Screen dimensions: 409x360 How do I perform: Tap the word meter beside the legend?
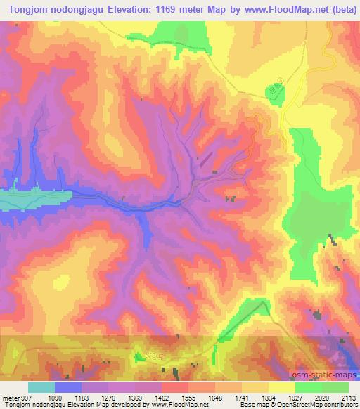point(8,396)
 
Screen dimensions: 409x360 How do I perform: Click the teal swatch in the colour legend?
point(41,387)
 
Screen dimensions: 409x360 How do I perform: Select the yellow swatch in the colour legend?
point(282,387)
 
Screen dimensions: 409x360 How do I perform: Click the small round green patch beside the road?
point(273,91)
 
